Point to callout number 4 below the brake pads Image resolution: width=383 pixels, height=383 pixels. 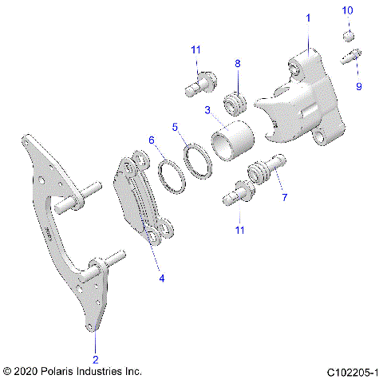162,278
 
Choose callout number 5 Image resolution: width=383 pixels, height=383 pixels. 176,126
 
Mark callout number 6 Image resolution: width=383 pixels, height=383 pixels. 151,140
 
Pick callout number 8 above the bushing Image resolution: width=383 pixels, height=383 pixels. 237,62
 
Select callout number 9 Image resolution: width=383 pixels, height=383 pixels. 358,86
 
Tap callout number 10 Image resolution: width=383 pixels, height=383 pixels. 347,10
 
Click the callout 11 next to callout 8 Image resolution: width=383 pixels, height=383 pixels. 195,50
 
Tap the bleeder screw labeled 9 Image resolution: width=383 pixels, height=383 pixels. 350,57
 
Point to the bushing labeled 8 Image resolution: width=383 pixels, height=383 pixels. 235,103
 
